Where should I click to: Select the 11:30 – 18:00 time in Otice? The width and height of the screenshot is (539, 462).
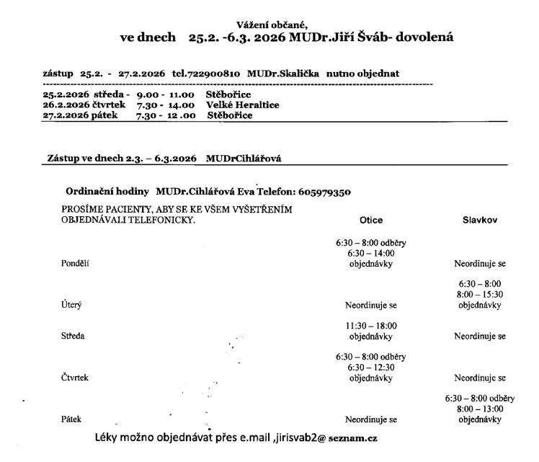pyautogui.click(x=370, y=325)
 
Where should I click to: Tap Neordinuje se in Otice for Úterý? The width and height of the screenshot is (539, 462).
pyautogui.click(x=370, y=305)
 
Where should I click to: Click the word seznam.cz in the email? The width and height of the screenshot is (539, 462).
pyautogui.click(x=355, y=437)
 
